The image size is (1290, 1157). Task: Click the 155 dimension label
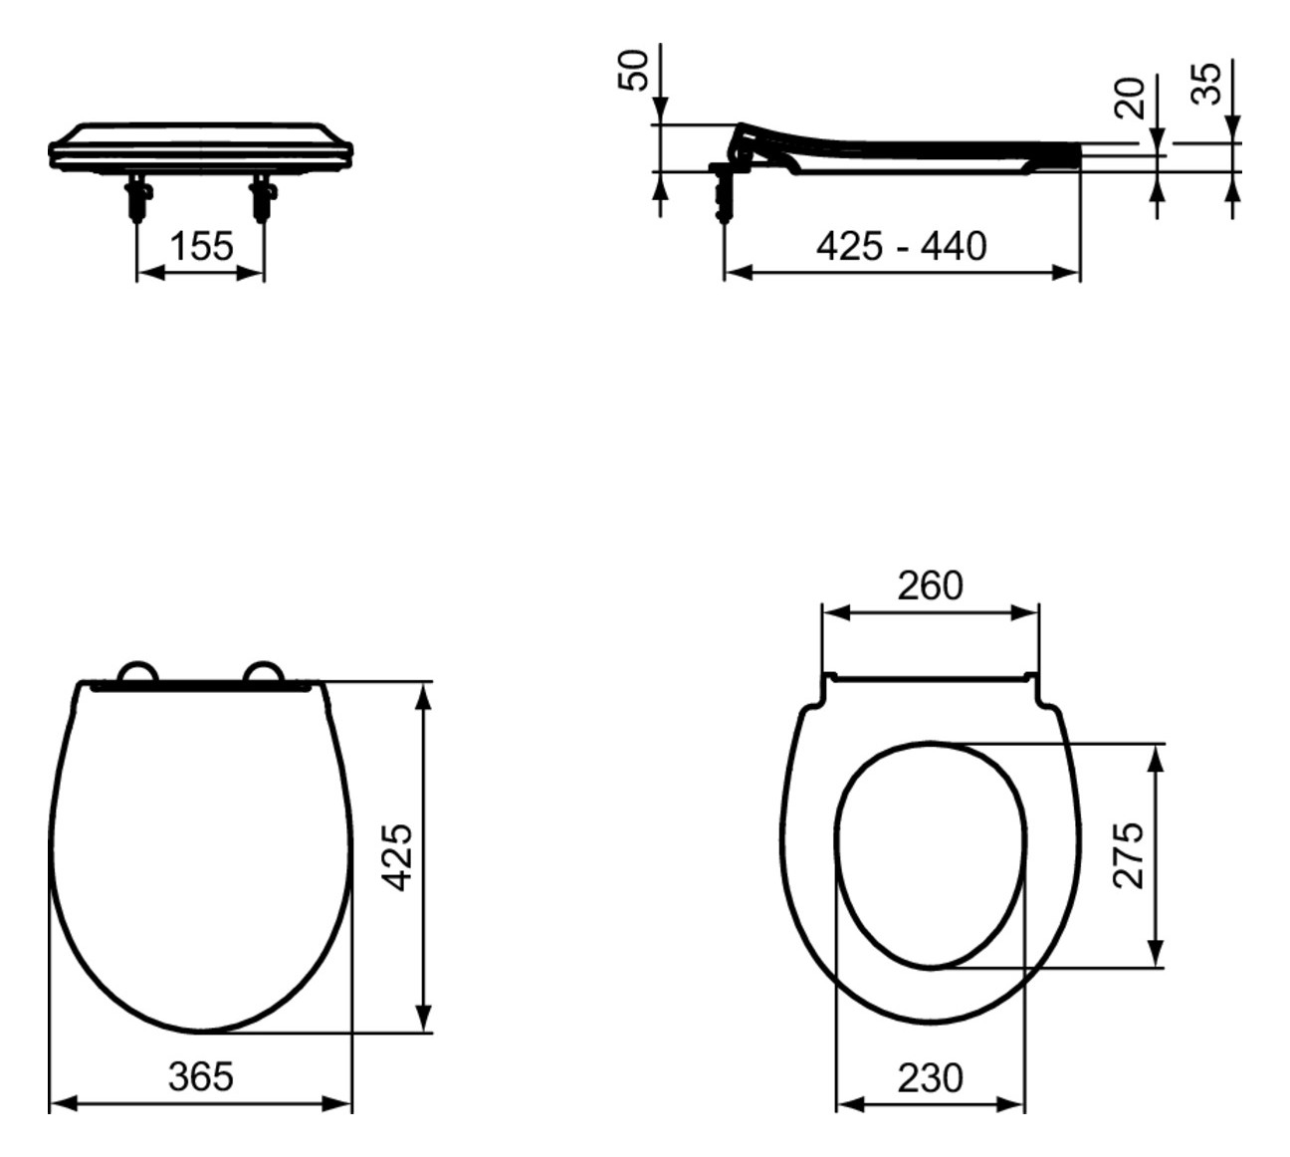click(x=201, y=246)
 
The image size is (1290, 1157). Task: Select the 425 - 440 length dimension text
click(x=901, y=246)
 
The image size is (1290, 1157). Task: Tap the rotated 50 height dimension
click(x=634, y=70)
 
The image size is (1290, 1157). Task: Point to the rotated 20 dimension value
click(x=1131, y=98)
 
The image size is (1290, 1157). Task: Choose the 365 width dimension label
click(x=200, y=1076)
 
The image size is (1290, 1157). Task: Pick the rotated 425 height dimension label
click(x=397, y=856)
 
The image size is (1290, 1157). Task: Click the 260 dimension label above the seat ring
click(x=930, y=586)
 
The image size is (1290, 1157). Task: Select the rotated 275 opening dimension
click(x=1130, y=854)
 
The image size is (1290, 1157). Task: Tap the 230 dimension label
click(x=930, y=1077)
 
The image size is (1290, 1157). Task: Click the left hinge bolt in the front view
click(x=136, y=196)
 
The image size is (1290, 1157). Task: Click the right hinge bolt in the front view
click(x=264, y=196)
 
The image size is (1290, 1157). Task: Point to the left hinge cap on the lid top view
click(x=137, y=674)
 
